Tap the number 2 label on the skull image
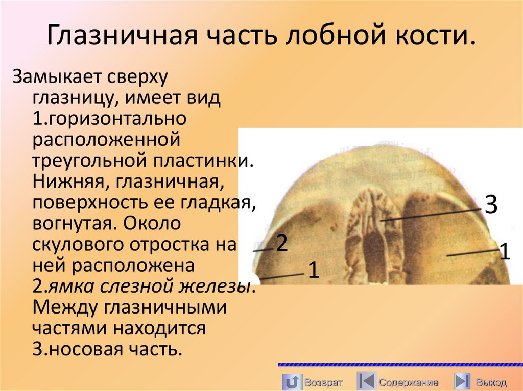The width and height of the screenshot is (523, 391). pos(282,244)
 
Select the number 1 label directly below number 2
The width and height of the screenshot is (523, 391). pos(313,270)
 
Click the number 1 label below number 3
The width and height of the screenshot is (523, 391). pos(504,252)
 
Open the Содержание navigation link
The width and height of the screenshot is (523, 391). pos(408,382)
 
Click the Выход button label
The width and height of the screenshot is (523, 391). pos(491,382)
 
